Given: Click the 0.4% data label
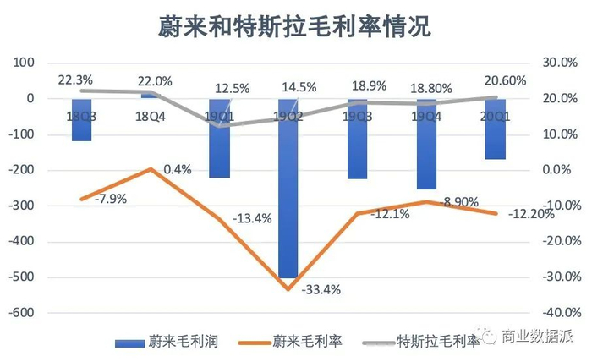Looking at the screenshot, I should pyautogui.click(x=177, y=169).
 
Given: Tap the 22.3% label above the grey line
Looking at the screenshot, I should pyautogui.click(x=74, y=80).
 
